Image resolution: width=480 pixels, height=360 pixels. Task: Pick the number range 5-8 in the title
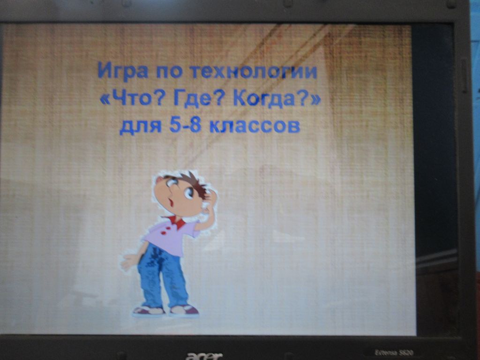point(185,126)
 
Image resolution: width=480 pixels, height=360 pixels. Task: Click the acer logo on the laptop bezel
point(204,356)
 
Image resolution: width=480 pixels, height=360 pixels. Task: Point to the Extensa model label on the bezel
point(394,352)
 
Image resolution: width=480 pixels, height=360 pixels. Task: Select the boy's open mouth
point(171,202)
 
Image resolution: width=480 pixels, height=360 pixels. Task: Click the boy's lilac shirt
point(170,237)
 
